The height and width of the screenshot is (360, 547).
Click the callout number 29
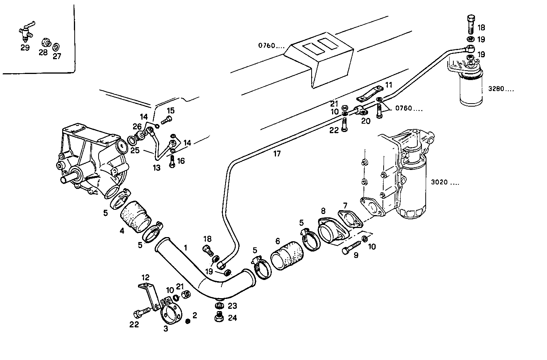point(25,48)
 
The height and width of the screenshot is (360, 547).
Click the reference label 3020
point(445,182)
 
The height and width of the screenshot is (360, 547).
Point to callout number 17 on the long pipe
point(277,154)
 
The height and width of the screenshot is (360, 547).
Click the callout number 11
point(389,85)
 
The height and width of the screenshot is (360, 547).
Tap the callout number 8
point(323,211)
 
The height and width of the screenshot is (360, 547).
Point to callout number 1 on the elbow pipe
point(186,248)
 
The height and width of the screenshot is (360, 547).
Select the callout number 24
point(232,318)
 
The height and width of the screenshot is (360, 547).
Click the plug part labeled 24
point(219,317)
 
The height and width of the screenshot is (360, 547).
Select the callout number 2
point(194,315)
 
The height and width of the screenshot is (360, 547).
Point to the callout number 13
point(157,167)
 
